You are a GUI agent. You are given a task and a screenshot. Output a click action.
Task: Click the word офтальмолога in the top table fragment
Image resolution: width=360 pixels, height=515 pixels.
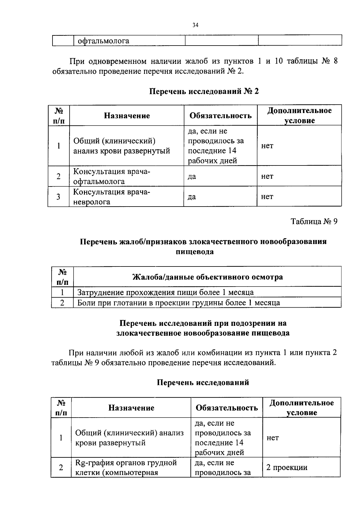tap(103, 41)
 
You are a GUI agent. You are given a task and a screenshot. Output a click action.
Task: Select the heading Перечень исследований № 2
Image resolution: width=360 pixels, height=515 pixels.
tap(204, 91)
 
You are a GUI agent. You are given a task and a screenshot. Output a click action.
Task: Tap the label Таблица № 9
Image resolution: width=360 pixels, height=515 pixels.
tap(314, 222)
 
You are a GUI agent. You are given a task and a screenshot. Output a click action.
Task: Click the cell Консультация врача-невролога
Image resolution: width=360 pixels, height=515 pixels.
tap(111, 197)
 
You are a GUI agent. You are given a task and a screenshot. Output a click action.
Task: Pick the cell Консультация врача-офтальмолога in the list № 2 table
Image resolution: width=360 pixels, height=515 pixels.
tap(111, 176)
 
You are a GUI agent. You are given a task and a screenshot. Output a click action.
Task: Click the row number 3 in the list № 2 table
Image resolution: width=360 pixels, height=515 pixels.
tap(58, 197)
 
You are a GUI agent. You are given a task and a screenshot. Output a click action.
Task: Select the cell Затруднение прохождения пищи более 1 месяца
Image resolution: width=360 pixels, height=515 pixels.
tap(165, 292)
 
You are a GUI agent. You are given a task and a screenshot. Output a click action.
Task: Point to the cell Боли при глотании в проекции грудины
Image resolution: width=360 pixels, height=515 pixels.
tap(178, 302)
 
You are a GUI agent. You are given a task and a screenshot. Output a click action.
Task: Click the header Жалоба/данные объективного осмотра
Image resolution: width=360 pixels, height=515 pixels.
tap(208, 277)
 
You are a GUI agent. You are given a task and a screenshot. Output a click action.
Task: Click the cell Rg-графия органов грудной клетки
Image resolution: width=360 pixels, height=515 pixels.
tap(126, 467)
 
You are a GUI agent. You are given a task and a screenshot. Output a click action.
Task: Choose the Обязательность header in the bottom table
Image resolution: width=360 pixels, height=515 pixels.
tap(227, 408)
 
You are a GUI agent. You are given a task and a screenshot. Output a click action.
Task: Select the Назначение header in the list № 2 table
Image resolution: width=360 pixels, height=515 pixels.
tap(127, 116)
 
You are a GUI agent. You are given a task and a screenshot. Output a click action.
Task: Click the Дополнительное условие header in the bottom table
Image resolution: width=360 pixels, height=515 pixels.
tap(301, 408)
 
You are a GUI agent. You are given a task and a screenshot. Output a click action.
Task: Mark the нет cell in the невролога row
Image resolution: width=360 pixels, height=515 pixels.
tap(267, 197)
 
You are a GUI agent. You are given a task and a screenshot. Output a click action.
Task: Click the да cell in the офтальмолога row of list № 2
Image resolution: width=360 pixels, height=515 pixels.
tap(192, 176)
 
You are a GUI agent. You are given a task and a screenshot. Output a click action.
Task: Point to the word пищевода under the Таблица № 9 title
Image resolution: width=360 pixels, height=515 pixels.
tap(194, 252)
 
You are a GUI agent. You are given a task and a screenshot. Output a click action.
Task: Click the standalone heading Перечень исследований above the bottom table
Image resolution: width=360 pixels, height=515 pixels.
tap(203, 383)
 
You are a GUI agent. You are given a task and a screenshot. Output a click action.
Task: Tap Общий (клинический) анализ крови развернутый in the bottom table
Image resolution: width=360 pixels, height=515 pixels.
tap(129, 438)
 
